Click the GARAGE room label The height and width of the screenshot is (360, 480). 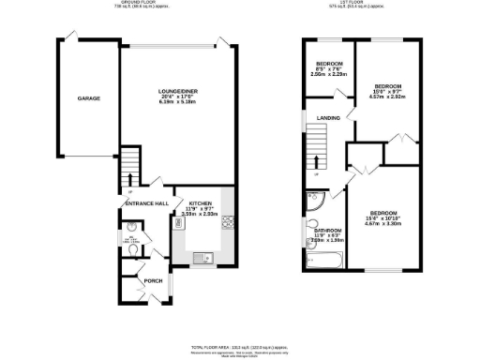coord(88,98)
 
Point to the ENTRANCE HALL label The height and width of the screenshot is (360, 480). coord(146,203)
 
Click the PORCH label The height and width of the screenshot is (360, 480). coord(153,279)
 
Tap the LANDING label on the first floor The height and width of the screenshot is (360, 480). coord(328,117)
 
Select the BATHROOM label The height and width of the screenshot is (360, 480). coord(327,230)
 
